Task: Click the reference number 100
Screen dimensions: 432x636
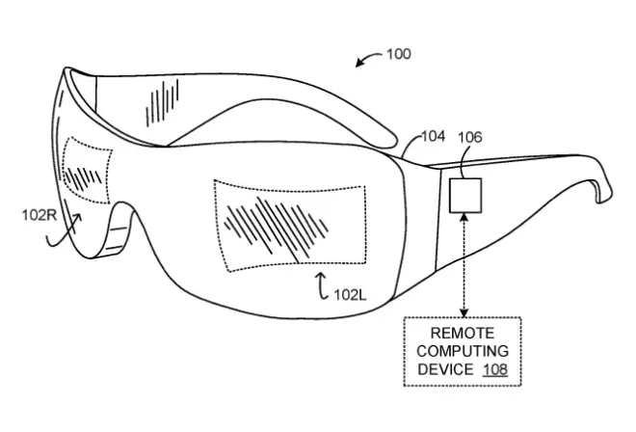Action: point(397,55)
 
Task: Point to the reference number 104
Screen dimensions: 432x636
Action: point(434,138)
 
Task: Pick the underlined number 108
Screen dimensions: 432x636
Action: point(495,369)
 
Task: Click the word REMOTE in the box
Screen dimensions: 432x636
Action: point(464,333)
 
